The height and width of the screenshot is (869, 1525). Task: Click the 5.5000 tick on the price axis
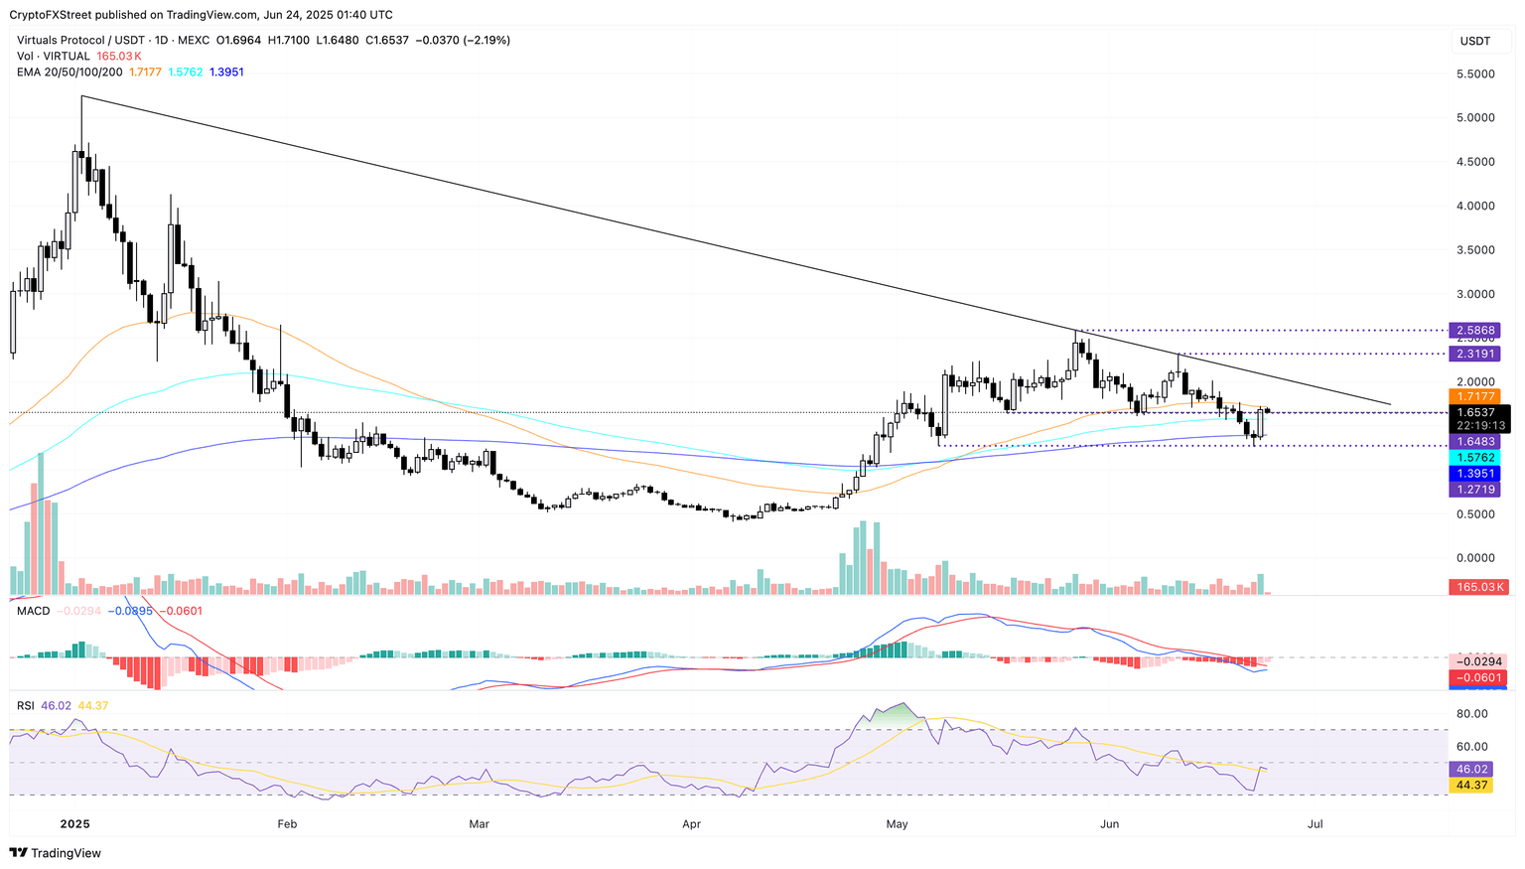(1474, 73)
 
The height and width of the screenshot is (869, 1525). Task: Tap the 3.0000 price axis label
(1474, 294)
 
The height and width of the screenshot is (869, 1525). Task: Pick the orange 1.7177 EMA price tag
(1477, 396)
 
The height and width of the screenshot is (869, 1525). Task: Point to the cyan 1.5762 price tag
(1477, 458)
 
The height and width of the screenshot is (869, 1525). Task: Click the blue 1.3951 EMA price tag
(1477, 474)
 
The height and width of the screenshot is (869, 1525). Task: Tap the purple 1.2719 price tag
(1477, 490)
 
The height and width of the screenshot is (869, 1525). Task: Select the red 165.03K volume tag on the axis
(1477, 587)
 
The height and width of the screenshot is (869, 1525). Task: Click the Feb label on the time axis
(287, 824)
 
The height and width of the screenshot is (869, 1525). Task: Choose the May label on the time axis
(897, 824)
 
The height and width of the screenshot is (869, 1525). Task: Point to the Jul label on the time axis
(1316, 824)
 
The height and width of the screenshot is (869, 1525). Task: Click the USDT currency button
(1474, 41)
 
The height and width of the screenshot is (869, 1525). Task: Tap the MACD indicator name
(34, 611)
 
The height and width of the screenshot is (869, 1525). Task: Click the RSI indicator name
(26, 706)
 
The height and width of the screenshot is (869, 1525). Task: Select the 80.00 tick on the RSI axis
(1471, 713)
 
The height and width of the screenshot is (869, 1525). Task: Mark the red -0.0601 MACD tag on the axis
(1477, 677)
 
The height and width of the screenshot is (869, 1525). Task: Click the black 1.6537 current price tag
(1477, 412)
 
